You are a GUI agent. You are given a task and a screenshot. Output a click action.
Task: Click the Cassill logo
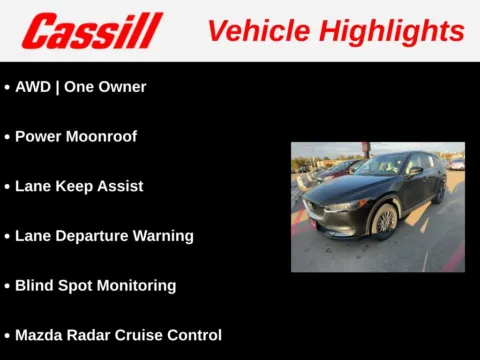[x=91, y=31]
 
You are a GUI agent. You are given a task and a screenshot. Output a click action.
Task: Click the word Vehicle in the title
[x=255, y=31]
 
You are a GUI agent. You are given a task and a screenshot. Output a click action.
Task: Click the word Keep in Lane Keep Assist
[x=74, y=186]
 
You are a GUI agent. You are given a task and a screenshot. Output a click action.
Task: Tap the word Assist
[x=120, y=186]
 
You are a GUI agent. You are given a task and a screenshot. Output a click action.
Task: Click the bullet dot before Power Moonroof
[x=8, y=137]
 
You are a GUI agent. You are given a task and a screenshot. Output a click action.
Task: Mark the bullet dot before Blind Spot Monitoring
[x=8, y=286]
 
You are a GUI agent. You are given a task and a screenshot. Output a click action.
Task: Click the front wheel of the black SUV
[x=384, y=221]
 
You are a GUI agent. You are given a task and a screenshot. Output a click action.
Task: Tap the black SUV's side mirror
[x=414, y=171]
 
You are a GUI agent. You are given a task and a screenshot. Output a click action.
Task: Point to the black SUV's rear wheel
[x=439, y=191]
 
